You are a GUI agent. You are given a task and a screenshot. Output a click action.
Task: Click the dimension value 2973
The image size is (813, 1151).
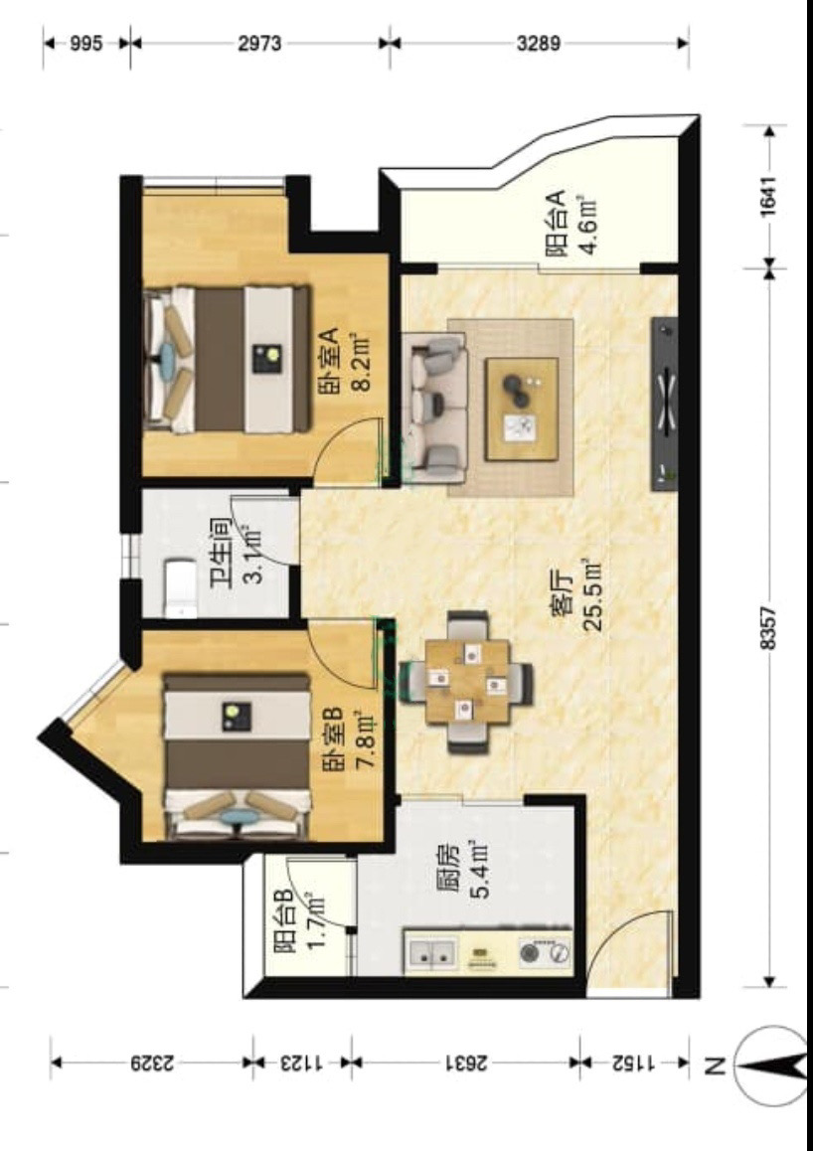pos(259,44)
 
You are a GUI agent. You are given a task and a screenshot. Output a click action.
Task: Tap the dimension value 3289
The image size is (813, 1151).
pos(539,44)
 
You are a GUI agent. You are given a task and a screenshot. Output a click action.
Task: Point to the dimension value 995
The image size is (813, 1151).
pos(85,44)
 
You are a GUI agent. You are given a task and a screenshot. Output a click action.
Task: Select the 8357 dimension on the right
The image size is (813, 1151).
pos(767,627)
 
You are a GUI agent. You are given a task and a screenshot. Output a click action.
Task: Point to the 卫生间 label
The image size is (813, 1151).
pos(220,553)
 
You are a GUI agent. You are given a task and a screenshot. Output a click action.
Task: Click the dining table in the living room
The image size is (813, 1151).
pos(467,681)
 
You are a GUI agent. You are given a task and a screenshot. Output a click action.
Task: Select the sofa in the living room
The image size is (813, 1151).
pos(433,409)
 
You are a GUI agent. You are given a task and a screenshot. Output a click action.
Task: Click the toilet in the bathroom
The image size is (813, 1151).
pos(181,588)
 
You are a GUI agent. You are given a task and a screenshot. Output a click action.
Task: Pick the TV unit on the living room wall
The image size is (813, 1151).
pos(664,404)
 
